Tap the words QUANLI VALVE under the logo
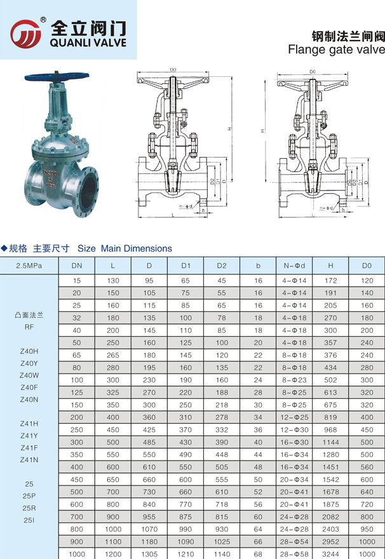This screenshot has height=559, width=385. [88, 43]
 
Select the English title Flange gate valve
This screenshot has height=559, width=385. [336, 49]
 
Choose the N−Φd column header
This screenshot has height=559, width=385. [294, 264]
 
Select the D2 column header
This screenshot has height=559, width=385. [222, 264]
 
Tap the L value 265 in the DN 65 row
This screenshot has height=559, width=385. [113, 356]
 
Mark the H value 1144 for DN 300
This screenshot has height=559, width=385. [330, 442]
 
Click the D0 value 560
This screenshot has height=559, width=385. [367, 467]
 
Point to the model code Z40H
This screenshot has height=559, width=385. [29, 351]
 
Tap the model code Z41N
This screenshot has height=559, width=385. [29, 459]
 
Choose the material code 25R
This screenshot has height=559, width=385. [29, 508]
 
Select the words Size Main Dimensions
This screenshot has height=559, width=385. [125, 248]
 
